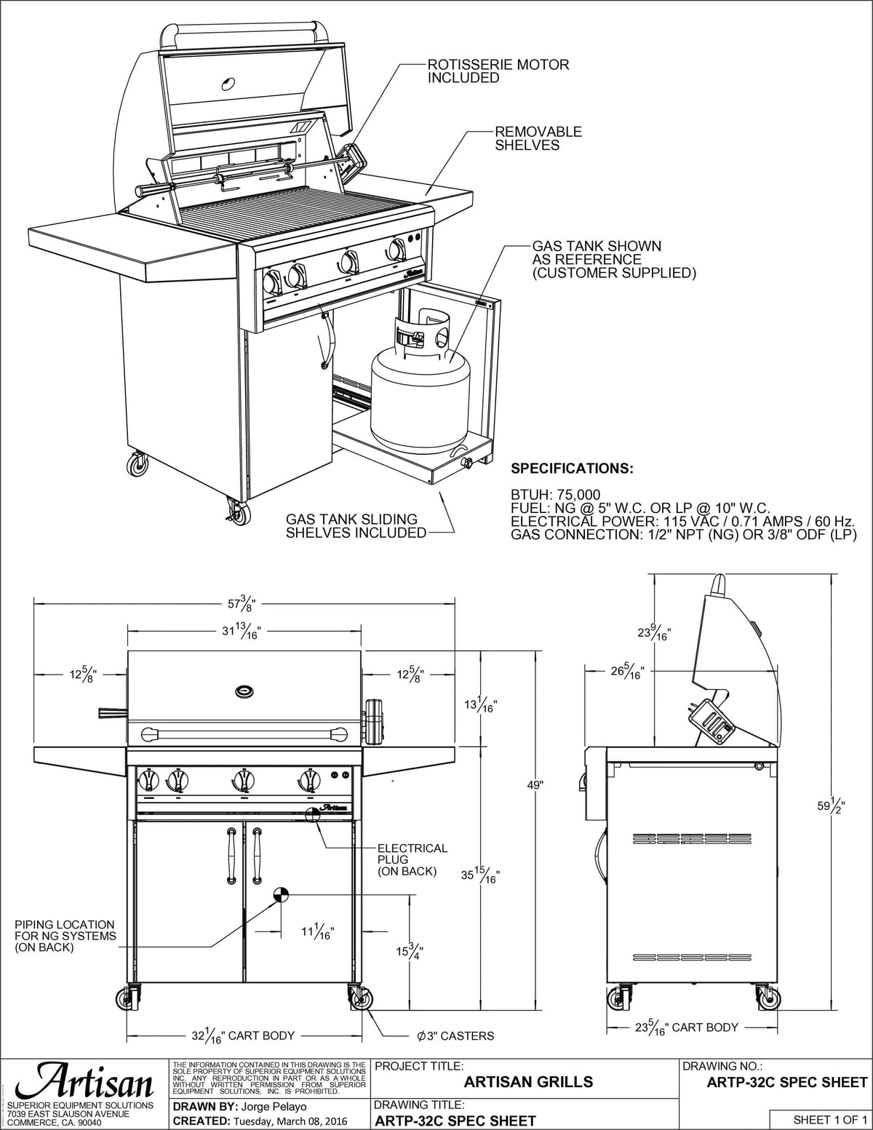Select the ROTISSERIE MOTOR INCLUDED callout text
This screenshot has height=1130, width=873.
498,71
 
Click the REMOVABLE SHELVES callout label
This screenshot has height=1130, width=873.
538,138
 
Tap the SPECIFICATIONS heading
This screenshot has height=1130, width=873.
572,468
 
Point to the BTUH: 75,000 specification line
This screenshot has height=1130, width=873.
556,496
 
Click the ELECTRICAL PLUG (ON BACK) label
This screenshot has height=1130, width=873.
412,859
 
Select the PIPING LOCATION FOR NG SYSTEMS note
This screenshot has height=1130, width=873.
65,936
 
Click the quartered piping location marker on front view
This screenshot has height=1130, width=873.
281,895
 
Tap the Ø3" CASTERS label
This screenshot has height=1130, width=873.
455,1035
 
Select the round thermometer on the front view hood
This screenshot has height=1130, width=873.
244,690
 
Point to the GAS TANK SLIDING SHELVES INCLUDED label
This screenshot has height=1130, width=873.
356,525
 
